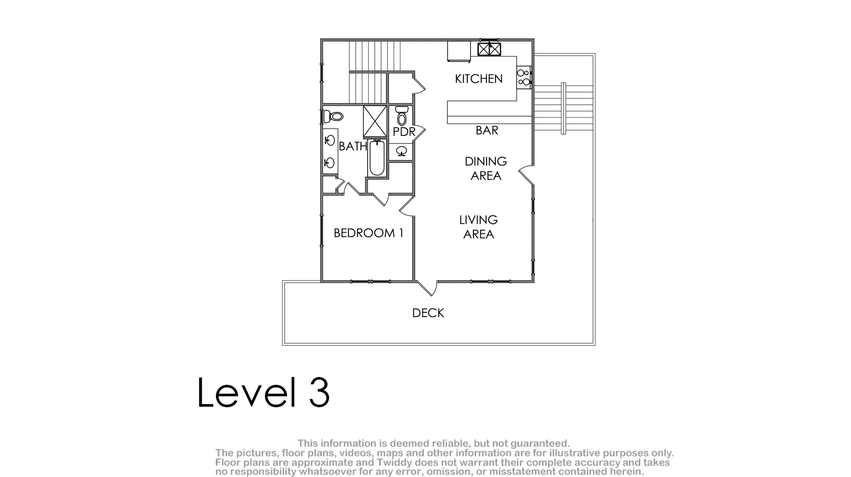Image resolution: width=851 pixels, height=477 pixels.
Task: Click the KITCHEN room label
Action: [x=479, y=79]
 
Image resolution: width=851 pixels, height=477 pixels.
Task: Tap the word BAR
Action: [x=487, y=131]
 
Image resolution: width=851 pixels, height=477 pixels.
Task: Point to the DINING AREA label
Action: [x=486, y=169]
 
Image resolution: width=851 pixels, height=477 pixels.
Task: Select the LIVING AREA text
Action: [x=478, y=227]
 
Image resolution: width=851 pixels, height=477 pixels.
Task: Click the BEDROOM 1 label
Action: [x=369, y=233]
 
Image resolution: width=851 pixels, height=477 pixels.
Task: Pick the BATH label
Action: [x=352, y=146]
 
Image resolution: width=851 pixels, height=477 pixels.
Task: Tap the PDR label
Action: [x=404, y=132]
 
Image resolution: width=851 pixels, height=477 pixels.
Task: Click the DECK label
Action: [x=428, y=313]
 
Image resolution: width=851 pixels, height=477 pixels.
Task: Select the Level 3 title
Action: [x=263, y=393]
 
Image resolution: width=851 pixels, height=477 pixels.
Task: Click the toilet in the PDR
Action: [x=402, y=116]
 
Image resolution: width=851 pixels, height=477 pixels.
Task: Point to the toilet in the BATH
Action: [x=333, y=116]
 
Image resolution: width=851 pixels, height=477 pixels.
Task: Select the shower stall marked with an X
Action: [x=375, y=121]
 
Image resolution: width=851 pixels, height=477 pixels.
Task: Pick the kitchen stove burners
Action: [x=524, y=78]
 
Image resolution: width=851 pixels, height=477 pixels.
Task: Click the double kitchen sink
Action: [x=489, y=49]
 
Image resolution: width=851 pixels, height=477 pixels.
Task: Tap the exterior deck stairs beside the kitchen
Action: [x=563, y=108]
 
